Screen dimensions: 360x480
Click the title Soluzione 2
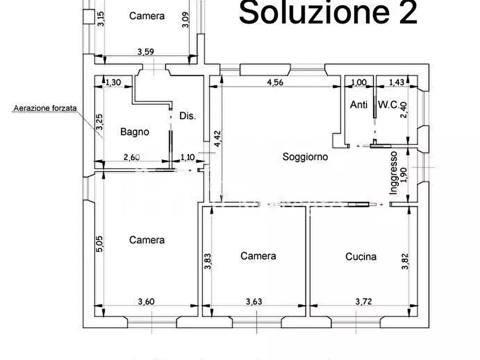pyautogui.click(x=328, y=13)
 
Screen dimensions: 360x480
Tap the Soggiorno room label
pyautogui.click(x=305, y=157)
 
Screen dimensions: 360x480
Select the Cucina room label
pyautogui.click(x=361, y=256)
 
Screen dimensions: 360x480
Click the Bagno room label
pyautogui.click(x=134, y=132)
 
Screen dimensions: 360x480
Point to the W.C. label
pyautogui.click(x=388, y=105)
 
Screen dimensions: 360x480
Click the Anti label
pyautogui.click(x=359, y=105)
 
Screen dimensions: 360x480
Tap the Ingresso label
pyautogui.click(x=394, y=172)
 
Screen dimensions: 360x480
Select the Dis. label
pyautogui.click(x=188, y=116)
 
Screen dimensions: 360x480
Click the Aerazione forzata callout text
pyautogui.click(x=45, y=108)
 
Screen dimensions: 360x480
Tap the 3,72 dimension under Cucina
pyautogui.click(x=364, y=301)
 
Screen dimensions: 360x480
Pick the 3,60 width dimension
pyautogui.click(x=146, y=301)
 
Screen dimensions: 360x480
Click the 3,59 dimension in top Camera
pyautogui.click(x=146, y=52)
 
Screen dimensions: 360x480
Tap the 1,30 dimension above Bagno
pyautogui.click(x=113, y=82)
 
